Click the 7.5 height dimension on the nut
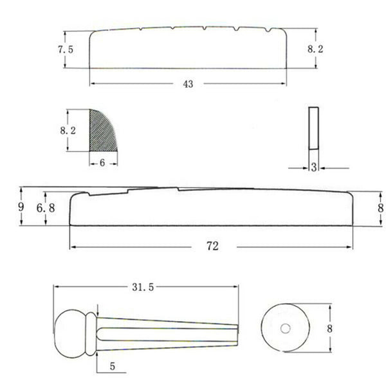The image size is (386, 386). [64, 50]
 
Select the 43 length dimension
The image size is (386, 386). [188, 84]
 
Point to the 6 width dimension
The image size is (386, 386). [103, 163]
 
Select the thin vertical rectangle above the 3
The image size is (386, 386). [313, 128]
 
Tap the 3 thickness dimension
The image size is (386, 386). [313, 168]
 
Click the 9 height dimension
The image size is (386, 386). [21, 207]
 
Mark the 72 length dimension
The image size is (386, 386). [212, 246]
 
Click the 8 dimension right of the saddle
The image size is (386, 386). [380, 208]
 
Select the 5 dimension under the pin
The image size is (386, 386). [113, 367]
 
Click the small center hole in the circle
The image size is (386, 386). [286, 329]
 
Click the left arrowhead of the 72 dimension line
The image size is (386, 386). [73, 247]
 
